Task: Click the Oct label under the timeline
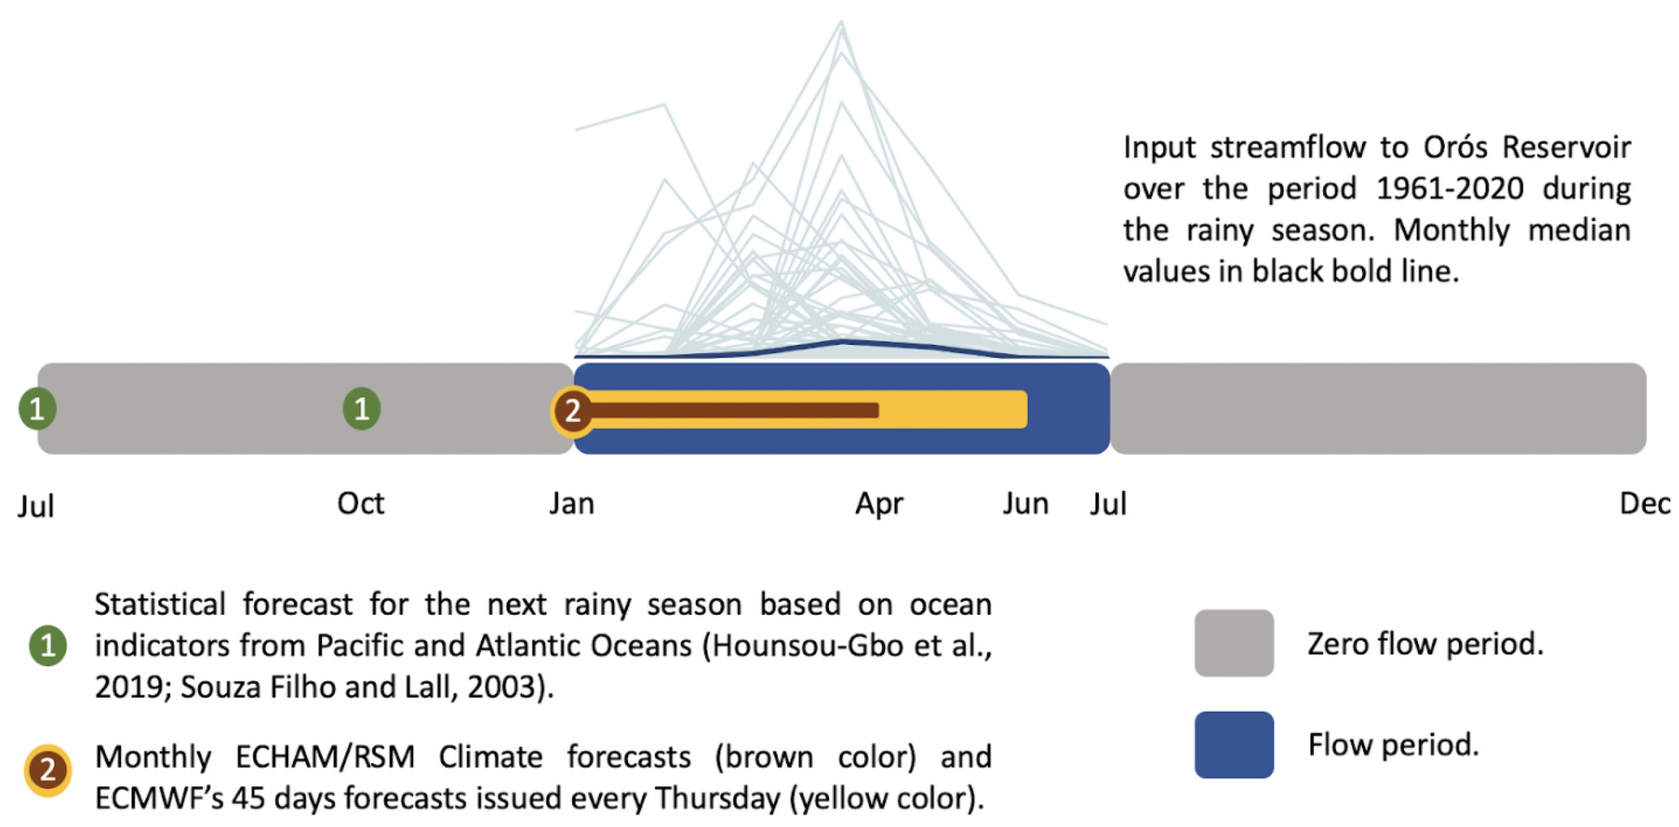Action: pos(360,504)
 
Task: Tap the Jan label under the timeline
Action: pos(571,504)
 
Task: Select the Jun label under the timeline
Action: pos(1025,504)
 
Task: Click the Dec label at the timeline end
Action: pos(1645,504)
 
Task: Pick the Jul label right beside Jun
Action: pos(1108,504)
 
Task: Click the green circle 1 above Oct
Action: pos(362,408)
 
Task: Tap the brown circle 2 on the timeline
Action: pos(573,410)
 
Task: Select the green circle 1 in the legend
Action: pos(48,646)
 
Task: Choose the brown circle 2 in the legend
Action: pos(47,770)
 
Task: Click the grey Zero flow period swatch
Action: pos(1234,643)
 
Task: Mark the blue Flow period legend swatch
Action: pos(1234,745)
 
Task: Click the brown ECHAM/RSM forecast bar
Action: pos(734,410)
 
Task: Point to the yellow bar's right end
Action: pos(1026,409)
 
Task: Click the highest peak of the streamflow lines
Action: pos(841,22)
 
